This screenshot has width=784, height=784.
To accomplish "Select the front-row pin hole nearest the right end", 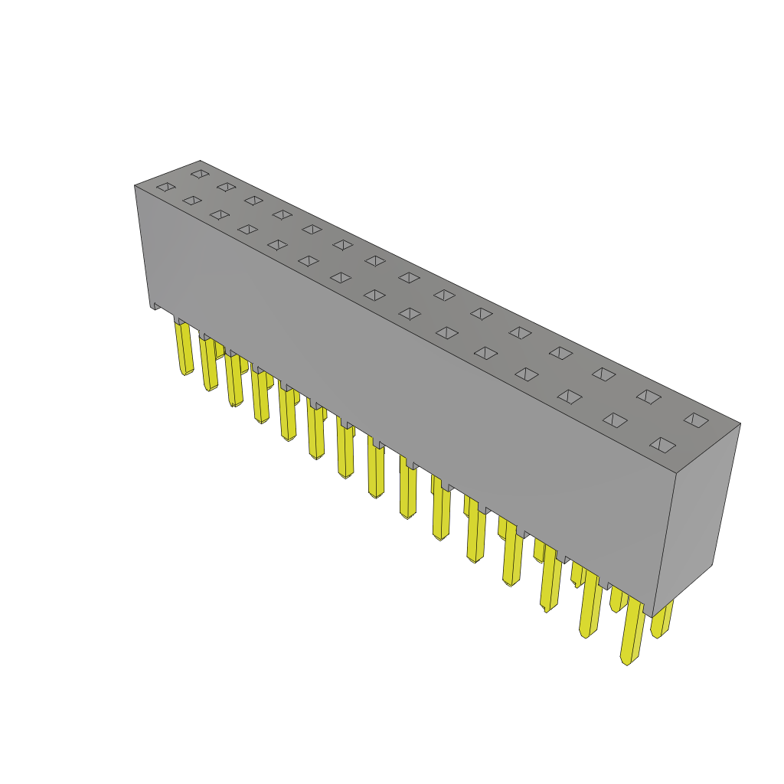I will tap(662, 445).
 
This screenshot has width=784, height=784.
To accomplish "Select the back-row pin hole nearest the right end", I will tap(696, 420).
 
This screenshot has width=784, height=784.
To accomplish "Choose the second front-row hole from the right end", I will tap(615, 420).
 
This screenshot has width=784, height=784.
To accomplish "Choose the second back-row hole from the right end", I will tap(648, 397).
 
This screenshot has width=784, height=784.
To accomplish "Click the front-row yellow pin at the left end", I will tap(184, 348).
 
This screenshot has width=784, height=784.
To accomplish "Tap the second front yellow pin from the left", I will tap(209, 364).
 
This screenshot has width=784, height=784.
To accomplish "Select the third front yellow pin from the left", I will tap(234, 379).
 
